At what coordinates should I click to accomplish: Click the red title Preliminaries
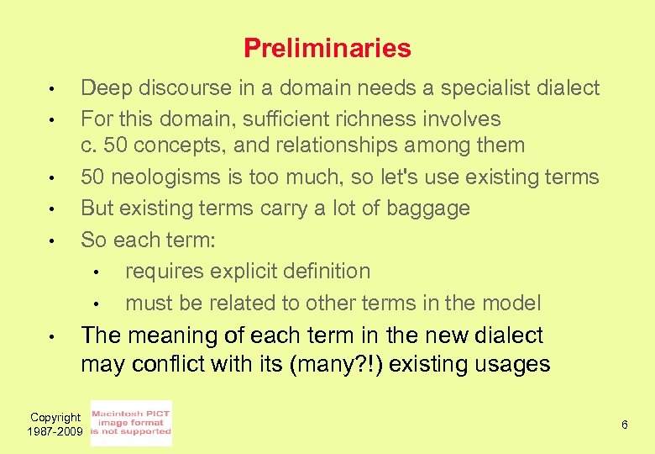(x=327, y=49)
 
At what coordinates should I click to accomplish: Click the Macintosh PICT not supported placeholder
(x=131, y=423)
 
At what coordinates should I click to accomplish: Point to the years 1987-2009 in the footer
(x=55, y=430)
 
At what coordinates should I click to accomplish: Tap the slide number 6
(x=624, y=425)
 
